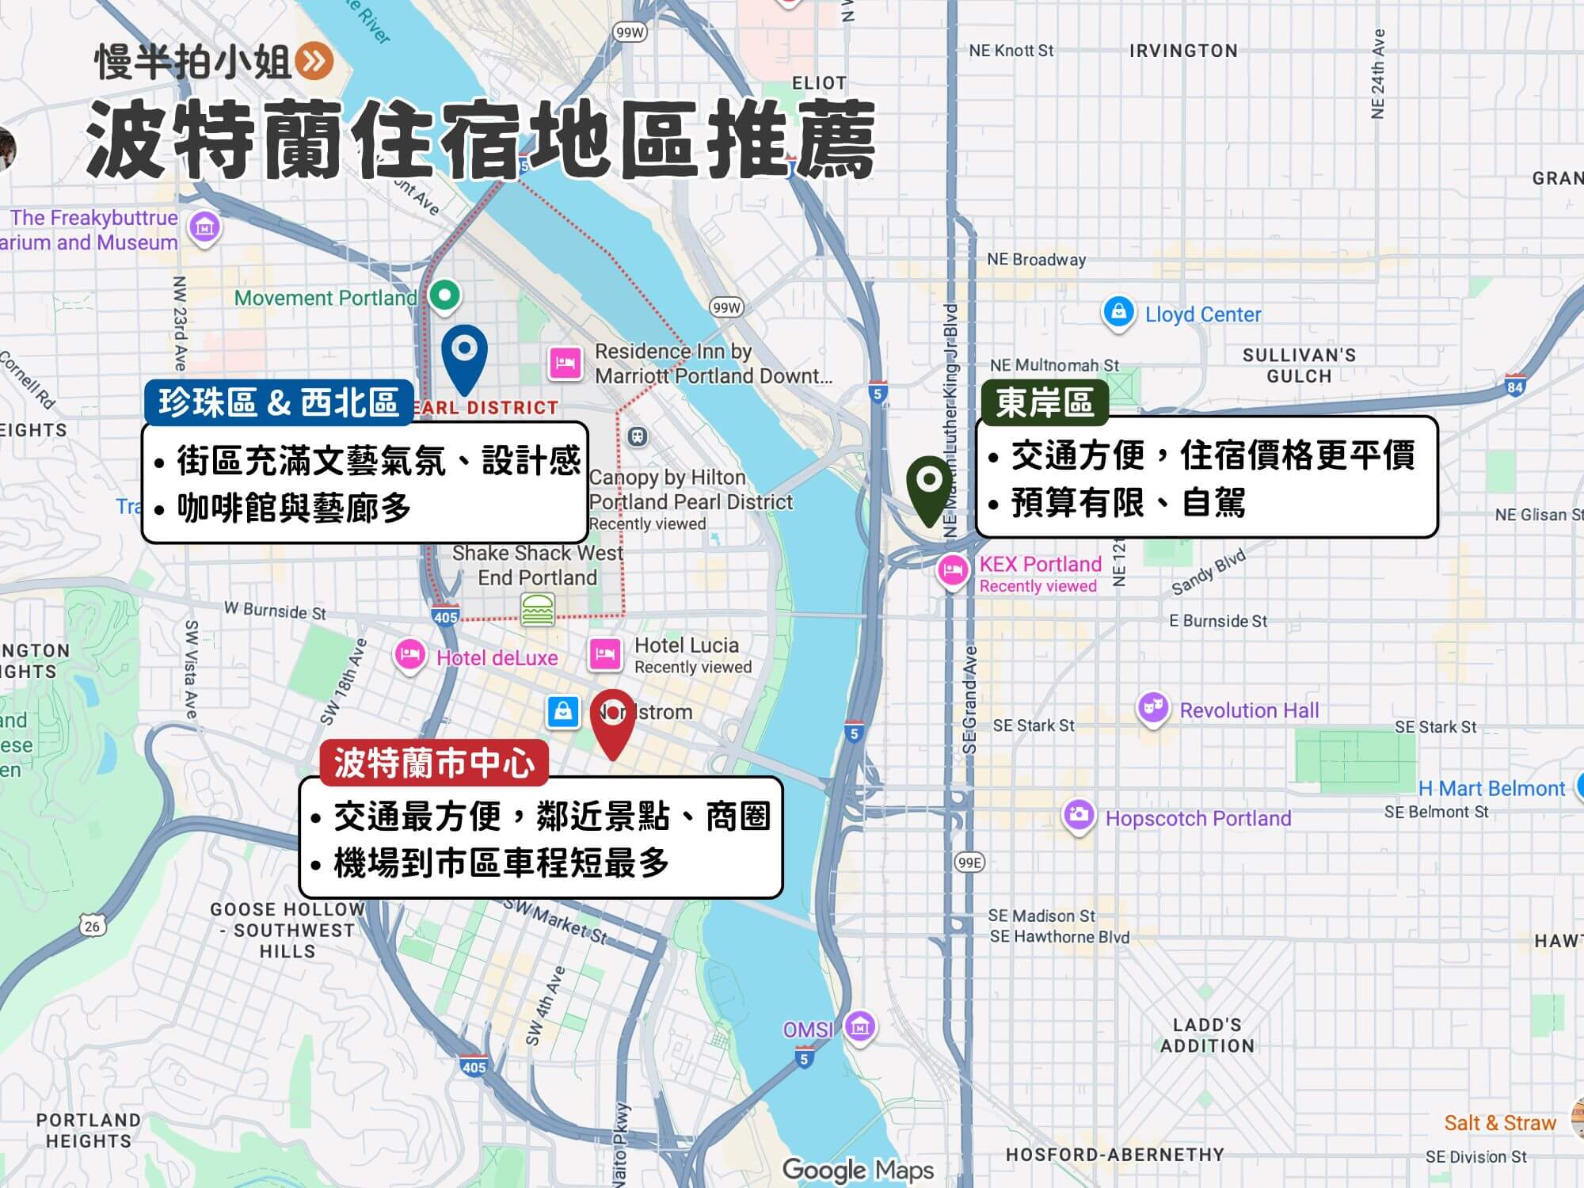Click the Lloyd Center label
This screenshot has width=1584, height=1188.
click(1202, 314)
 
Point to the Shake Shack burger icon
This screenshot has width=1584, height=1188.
click(538, 611)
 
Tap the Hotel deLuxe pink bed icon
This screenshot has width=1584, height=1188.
click(409, 657)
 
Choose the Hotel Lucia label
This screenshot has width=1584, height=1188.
click(686, 645)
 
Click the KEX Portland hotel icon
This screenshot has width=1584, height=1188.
click(953, 570)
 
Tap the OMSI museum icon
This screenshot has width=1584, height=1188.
click(859, 1027)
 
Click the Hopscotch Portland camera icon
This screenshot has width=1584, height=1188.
click(1078, 816)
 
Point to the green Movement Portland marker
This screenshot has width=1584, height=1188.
click(445, 295)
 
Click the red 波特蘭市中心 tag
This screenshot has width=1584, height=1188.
click(433, 763)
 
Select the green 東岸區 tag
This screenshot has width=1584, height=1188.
click(1044, 402)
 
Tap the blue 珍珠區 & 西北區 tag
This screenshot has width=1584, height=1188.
click(279, 402)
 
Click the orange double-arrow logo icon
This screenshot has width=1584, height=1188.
click(314, 61)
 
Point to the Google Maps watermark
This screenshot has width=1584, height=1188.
click(858, 1170)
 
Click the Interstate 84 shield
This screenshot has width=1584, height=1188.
click(1514, 386)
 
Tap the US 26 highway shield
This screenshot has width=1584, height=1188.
click(93, 926)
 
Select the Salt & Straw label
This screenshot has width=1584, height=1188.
click(1499, 1123)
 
